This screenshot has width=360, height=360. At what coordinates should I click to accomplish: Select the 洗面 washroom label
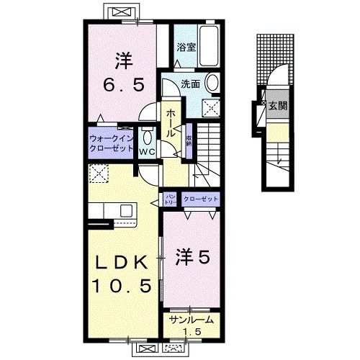[189, 83]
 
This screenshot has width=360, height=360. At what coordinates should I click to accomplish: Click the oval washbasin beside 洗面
[213, 84]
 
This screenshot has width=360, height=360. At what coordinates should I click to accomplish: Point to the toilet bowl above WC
[148, 138]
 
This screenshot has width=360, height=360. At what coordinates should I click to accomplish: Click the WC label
[148, 153]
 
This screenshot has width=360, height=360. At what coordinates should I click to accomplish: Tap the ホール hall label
[173, 125]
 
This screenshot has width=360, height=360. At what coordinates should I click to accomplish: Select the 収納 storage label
[189, 140]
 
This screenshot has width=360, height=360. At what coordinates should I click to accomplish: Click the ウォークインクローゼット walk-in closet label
[111, 141]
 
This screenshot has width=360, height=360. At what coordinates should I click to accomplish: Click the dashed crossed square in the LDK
[97, 173]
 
